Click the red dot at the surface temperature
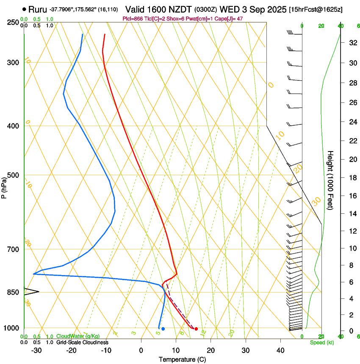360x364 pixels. pyautogui.click(x=196, y=329)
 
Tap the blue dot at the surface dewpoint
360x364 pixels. pyautogui.click(x=163, y=329)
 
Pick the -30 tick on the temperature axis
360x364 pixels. pyautogui.click(x=36, y=350)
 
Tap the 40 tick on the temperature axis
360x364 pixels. pyautogui.click(x=280, y=350)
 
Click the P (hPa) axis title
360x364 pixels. pyautogui.click(x=4, y=185)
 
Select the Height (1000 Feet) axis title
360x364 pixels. pyautogui.click(x=331, y=180)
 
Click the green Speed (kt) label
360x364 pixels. pyautogui.click(x=321, y=342)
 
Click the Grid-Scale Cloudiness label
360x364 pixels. pyautogui.click(x=82, y=342)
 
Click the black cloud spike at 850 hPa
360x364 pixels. pyautogui.click(x=32, y=292)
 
